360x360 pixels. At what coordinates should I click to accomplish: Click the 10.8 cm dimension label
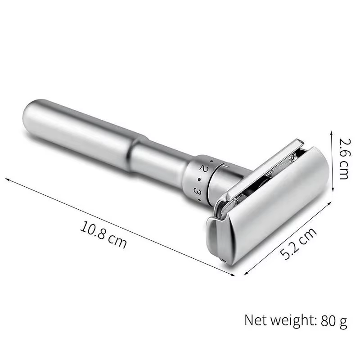coord(103,234)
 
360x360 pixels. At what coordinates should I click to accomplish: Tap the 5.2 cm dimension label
coord(298,243)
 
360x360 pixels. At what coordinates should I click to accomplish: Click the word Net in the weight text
coord(255,320)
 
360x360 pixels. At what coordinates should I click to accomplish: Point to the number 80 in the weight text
coord(328,320)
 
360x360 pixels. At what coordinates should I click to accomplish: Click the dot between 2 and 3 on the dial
coord(199,179)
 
